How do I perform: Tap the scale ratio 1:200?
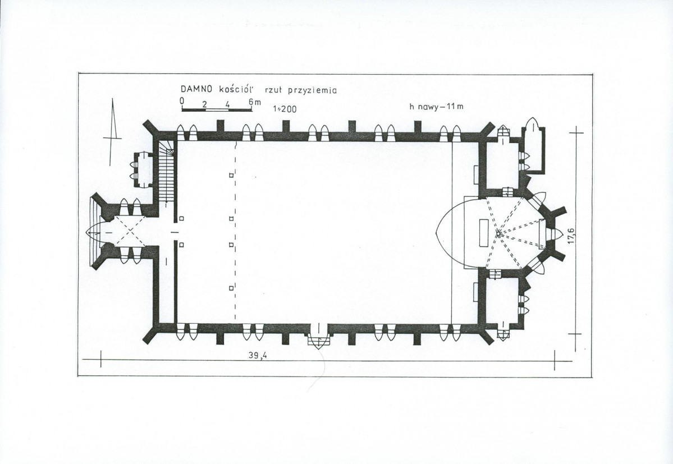pos(285,109)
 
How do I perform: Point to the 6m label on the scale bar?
pos(254,103)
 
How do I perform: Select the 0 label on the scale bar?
pos(182,101)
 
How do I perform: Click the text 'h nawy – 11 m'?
pos(437,107)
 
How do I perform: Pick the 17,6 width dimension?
pos(571,236)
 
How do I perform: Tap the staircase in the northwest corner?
pos(167,172)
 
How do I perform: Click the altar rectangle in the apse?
pos(484,233)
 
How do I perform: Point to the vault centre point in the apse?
pos(498,233)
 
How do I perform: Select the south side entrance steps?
pos(318,341)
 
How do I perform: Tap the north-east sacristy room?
pos(502,165)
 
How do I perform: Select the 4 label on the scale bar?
pos(227,104)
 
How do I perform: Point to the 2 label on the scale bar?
pos(205,104)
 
